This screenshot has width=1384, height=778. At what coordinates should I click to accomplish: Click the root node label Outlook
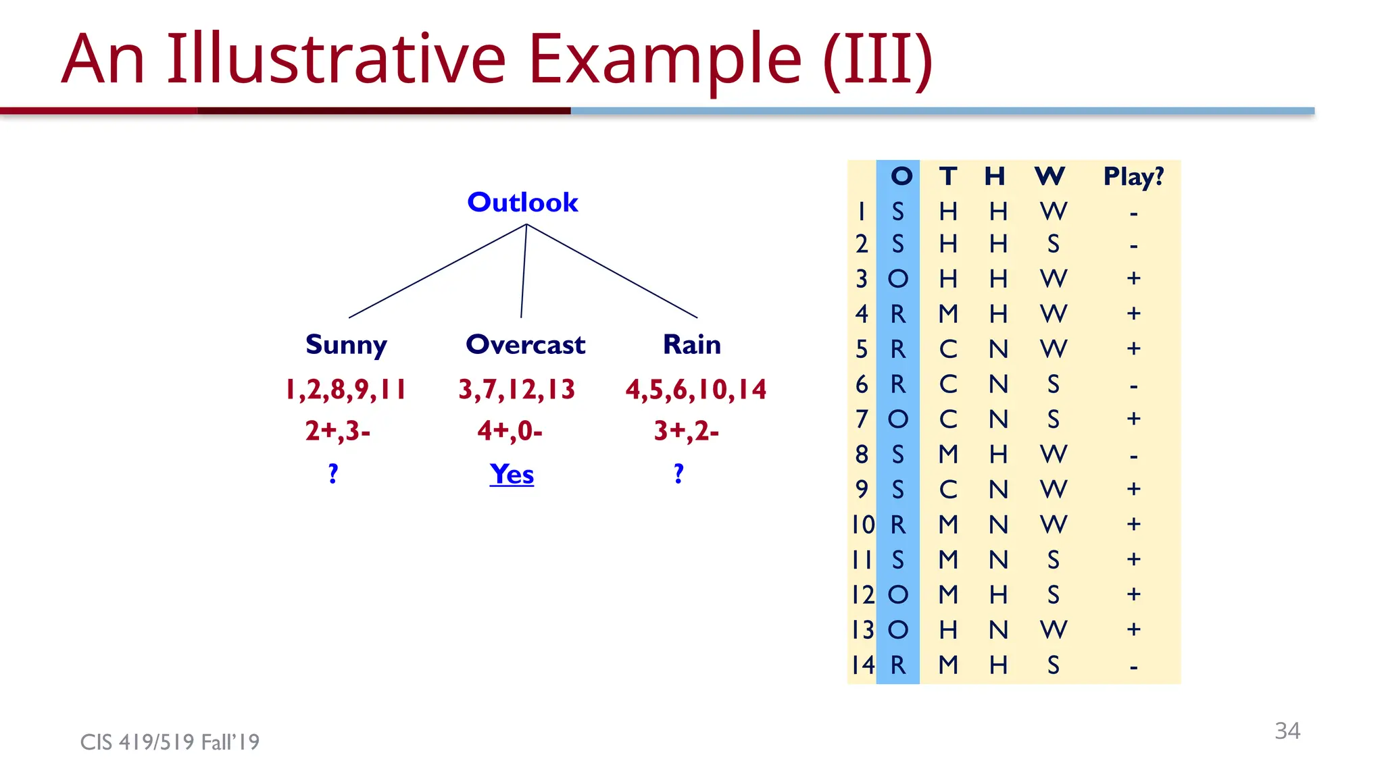522,202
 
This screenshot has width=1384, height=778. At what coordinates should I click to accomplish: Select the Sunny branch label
346,344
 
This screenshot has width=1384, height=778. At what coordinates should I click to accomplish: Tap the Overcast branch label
525,344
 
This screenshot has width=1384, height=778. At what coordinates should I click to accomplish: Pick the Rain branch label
691,344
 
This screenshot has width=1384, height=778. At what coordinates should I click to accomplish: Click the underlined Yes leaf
512,473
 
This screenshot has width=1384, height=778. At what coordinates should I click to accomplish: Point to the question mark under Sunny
333,473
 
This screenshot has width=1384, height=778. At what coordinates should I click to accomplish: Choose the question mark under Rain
678,473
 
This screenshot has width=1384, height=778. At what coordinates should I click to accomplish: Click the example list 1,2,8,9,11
345,390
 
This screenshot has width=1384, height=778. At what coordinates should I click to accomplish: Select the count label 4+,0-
510,430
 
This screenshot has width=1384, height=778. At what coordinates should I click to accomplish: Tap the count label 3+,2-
686,430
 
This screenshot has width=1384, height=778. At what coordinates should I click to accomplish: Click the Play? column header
1133,176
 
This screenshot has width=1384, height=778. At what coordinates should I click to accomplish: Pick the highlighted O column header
901,176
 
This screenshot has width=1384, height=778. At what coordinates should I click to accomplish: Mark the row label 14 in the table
863,665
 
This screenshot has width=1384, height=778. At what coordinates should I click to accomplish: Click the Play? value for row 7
1133,419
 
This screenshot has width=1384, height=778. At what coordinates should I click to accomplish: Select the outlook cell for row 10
897,525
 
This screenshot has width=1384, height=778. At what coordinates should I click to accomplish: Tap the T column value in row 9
948,490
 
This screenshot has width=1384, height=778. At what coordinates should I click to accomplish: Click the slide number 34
1287,731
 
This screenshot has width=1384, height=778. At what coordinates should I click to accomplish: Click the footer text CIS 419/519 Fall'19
170,742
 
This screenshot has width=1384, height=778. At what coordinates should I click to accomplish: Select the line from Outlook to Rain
612,271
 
